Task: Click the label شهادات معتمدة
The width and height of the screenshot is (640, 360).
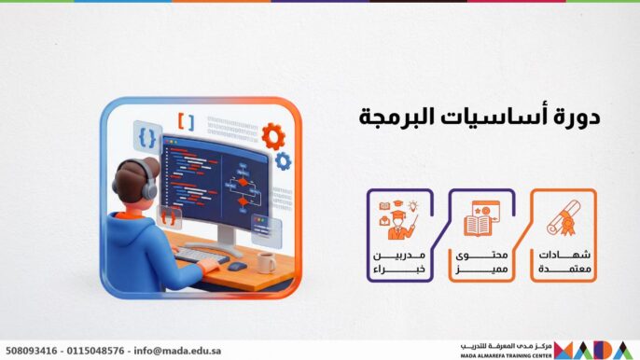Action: click(564, 262)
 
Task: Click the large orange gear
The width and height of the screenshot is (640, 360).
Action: click(272, 136)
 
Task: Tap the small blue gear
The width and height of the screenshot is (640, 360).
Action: click(283, 161)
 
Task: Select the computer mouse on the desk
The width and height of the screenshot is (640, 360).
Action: click(238, 266)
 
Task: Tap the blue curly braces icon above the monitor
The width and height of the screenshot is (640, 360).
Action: click(146, 137)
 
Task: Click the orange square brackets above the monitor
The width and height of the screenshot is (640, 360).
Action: click(187, 121)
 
